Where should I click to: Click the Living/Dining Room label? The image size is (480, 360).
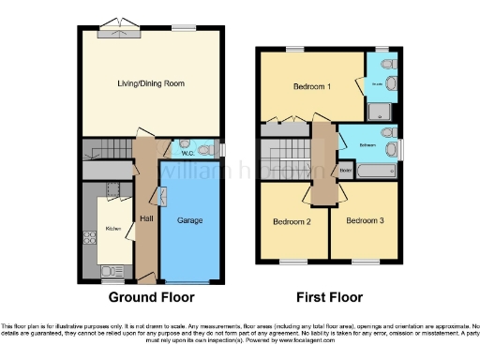tap(150, 84)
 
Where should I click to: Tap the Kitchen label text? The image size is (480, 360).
tap(112, 228)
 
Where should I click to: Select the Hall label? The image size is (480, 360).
tap(146, 218)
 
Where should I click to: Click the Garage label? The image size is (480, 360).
tap(190, 220)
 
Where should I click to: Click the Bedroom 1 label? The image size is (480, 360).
tap(311, 86)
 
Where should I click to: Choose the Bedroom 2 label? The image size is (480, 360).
tap(292, 222)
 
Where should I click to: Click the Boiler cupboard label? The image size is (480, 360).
tap(345, 170)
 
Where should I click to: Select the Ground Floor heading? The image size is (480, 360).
tap(152, 297)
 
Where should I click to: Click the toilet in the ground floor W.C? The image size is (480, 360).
tap(202, 150)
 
